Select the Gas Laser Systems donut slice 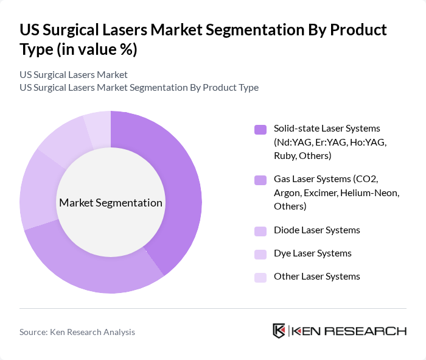point(91,268)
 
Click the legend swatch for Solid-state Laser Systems point(260,129)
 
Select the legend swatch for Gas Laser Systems point(260,180)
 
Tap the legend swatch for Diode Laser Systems point(260,231)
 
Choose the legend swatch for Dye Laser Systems point(260,254)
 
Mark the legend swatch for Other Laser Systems point(260,277)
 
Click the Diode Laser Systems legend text point(316,230)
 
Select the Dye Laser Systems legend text point(312,253)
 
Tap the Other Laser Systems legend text point(316,277)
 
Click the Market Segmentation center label point(111,203)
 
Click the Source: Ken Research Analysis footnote point(77,332)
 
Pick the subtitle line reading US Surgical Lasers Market point(74,74)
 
